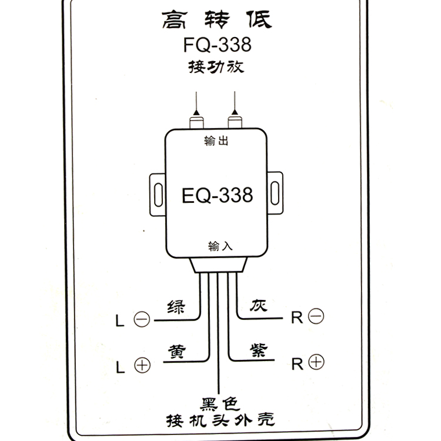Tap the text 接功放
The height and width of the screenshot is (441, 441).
click(216, 67)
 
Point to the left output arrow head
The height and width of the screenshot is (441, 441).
click(196, 109)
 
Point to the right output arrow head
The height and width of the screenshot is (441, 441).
click(236, 109)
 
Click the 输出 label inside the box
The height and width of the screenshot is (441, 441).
click(216, 141)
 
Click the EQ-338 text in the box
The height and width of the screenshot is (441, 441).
click(217, 195)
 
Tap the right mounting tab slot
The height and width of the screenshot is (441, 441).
click(275, 193)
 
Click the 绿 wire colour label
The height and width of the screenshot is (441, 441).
click(176, 308)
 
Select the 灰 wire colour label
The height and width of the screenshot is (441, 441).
click(258, 307)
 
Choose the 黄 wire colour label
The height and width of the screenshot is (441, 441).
click(176, 351)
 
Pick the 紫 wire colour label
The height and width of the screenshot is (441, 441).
click(258, 351)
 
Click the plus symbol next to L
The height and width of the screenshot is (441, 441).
click(142, 365)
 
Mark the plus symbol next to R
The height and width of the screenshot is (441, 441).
click(316, 362)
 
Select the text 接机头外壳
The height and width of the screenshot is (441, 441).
click(219, 420)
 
